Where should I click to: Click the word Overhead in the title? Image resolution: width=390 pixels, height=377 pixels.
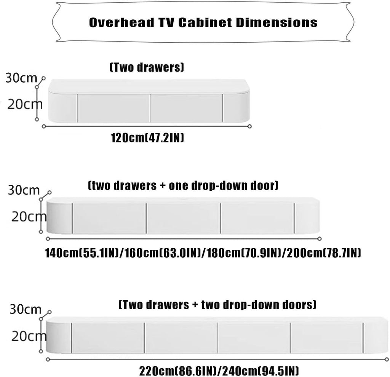pyautogui.click(x=121, y=22)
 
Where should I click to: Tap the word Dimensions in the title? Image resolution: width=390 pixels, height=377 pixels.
pyautogui.click(x=277, y=22)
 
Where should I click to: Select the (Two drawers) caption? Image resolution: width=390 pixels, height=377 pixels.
pyautogui.click(x=147, y=67)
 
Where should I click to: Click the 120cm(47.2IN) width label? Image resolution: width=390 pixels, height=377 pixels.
pyautogui.click(x=147, y=137)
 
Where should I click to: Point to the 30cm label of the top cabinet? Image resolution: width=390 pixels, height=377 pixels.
pyautogui.click(x=21, y=78)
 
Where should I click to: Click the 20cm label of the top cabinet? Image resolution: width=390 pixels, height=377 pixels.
pyautogui.click(x=25, y=104)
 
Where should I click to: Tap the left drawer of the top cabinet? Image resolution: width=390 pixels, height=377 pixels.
pyautogui.click(x=113, y=108)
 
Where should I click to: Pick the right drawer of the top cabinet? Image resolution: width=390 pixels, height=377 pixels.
pyautogui.click(x=186, y=108)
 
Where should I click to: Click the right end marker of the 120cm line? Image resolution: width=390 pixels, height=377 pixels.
pyautogui.click(x=250, y=126)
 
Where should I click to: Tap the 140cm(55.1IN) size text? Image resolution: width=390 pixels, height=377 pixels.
pyautogui.click(x=82, y=253)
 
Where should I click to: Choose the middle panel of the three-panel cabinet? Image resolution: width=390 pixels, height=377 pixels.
pyautogui.click(x=183, y=218)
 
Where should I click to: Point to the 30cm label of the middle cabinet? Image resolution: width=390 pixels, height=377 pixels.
pyautogui.click(x=24, y=190)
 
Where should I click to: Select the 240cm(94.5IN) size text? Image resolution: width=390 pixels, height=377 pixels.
pyautogui.click(x=260, y=371)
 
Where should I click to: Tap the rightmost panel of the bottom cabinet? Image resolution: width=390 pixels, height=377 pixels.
pyautogui.click(x=326, y=338)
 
